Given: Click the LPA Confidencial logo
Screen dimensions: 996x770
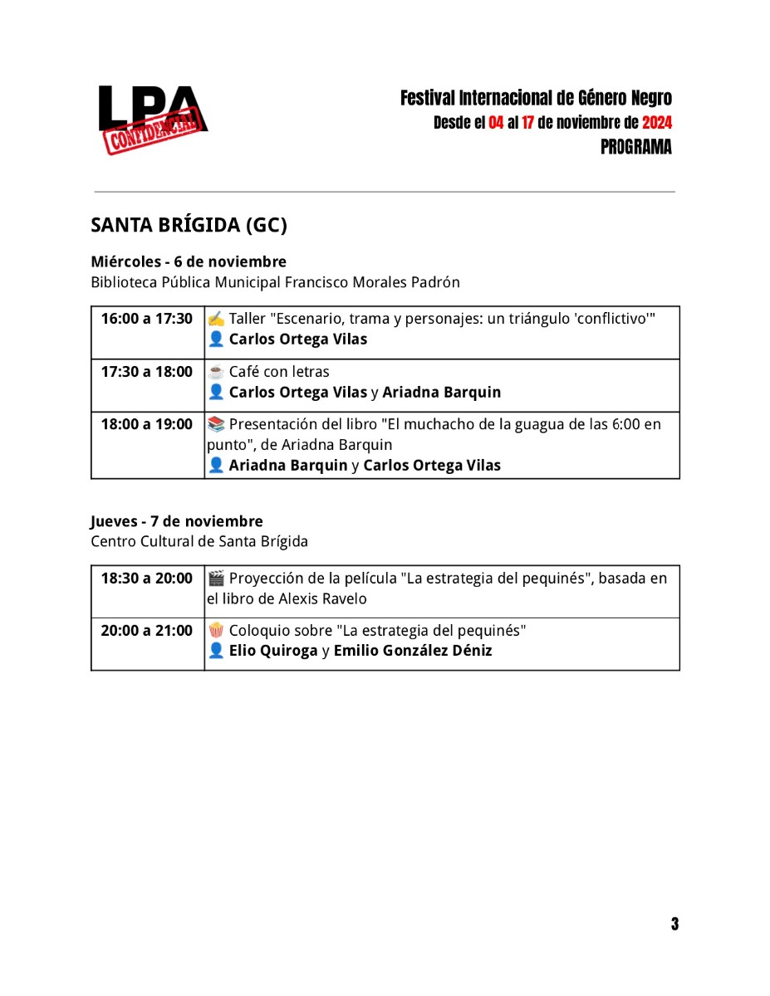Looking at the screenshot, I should tap(152, 120).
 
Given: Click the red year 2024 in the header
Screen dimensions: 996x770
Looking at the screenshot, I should tap(657, 123).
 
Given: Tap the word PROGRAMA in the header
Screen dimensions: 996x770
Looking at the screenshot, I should tap(636, 148).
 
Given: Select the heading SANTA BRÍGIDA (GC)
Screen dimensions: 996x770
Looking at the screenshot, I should tap(189, 226).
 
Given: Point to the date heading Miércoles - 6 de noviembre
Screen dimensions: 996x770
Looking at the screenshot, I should tap(189, 261).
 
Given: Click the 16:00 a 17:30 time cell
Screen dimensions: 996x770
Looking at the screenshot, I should tap(147, 319).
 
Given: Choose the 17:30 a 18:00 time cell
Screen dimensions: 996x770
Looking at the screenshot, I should tap(147, 372).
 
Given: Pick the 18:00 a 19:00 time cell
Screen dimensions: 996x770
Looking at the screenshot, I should tap(147, 425).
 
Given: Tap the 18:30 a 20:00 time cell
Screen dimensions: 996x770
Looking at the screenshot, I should tap(147, 579).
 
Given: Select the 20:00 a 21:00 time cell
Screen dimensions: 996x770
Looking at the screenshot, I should tap(147, 631).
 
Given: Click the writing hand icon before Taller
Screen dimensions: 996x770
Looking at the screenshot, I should tap(216, 319).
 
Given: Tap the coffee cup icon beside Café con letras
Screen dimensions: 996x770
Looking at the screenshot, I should tap(216, 372).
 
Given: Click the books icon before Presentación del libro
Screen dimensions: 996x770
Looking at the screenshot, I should tap(216, 425).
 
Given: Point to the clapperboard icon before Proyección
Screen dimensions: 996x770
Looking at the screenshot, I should tap(216, 579).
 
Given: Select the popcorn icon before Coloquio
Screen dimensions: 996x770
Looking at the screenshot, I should tap(216, 631).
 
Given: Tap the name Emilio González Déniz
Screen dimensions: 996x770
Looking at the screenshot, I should tap(413, 651).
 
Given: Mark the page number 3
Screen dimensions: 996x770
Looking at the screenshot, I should tap(674, 924).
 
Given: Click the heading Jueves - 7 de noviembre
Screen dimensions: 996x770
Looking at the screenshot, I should tap(177, 521).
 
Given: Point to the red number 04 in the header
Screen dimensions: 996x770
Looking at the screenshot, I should tap(496, 123).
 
